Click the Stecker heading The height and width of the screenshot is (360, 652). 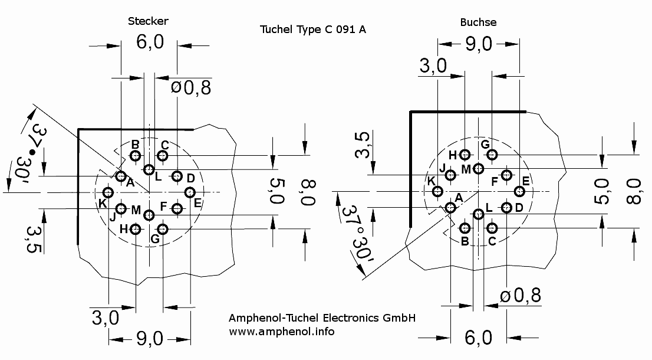point(148,21)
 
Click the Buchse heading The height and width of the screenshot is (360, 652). point(478,22)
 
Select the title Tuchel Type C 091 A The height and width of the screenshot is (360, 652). point(312,30)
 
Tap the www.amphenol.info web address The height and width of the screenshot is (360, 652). point(281,331)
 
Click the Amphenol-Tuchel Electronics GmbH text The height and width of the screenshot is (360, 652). point(322,318)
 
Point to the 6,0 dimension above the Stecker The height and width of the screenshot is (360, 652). point(149,44)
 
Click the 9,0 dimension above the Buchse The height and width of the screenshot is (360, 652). point(478,44)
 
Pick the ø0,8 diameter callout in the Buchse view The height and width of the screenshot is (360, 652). point(520,295)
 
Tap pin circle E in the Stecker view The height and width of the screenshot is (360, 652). point(190,192)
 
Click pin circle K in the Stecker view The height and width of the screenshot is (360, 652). point(108,192)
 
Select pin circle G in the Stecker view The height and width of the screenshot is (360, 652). point(163,229)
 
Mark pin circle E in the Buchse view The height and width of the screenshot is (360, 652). point(519,191)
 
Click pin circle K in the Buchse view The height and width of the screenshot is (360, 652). point(437,191)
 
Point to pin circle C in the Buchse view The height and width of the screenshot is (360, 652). point(492,228)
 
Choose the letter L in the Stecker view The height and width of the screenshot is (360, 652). point(158,175)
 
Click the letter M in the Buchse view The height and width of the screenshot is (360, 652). point(466,169)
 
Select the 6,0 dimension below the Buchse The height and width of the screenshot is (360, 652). point(478,338)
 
